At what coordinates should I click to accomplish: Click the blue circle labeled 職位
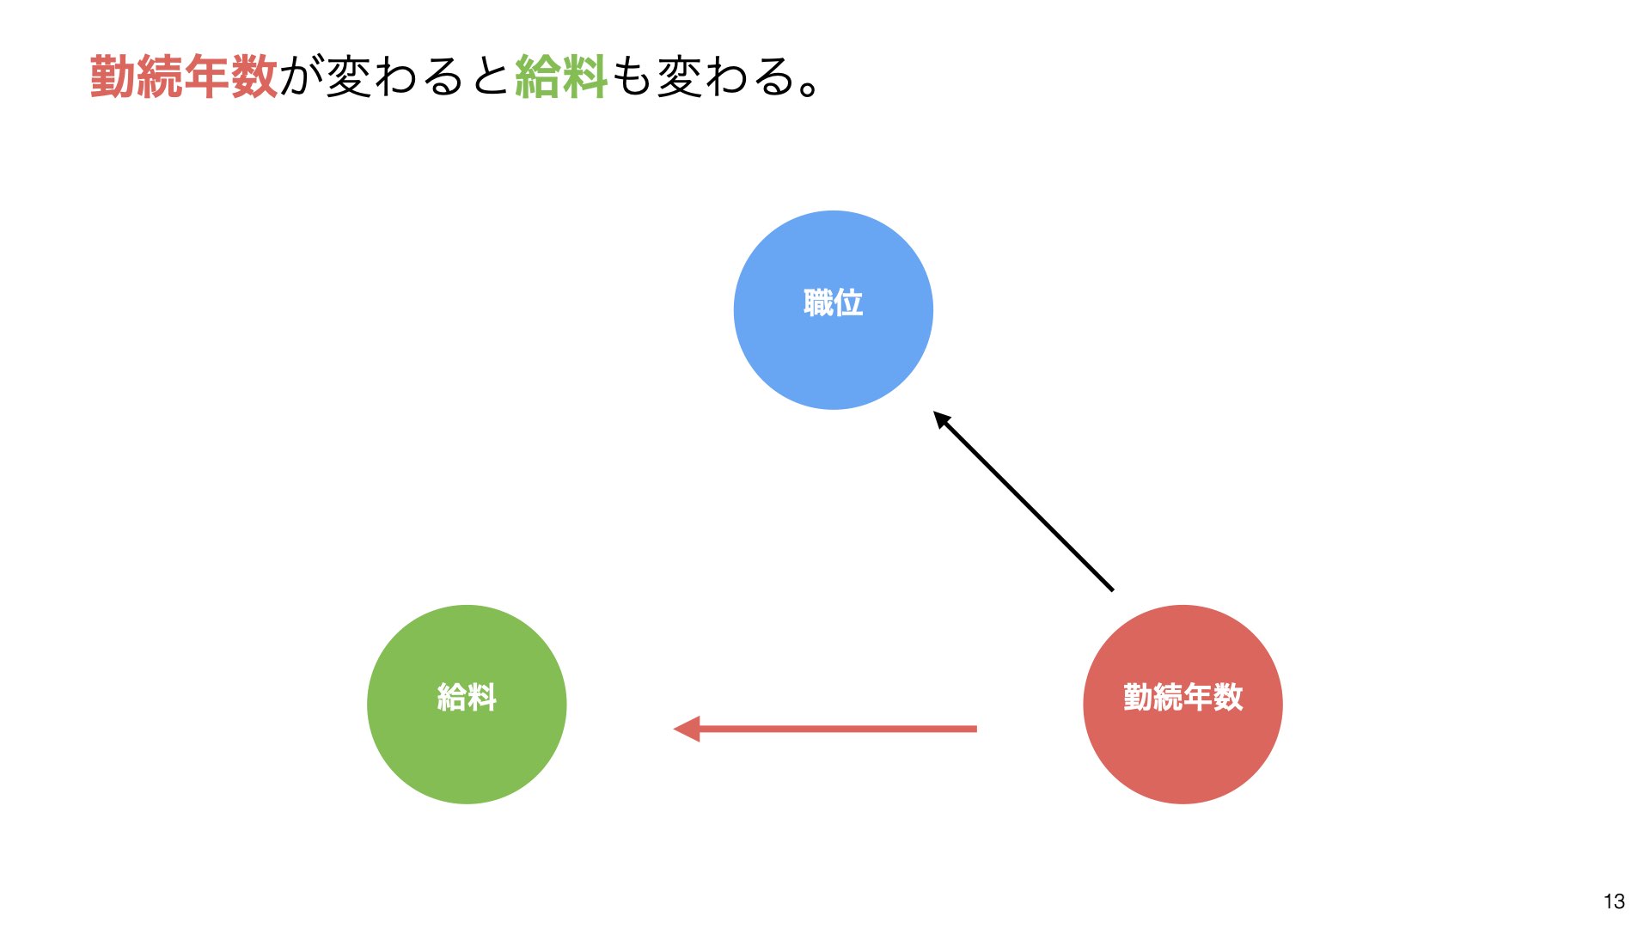point(833,310)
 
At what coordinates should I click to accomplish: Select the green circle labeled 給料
point(467,705)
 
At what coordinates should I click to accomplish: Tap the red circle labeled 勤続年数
point(1182,705)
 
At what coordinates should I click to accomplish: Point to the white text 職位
point(833,302)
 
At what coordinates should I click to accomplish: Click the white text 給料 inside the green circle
point(467,697)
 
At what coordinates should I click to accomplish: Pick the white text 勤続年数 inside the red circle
point(1182,697)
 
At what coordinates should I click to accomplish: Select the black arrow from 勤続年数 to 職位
point(1024,501)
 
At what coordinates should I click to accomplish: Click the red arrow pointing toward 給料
point(825,729)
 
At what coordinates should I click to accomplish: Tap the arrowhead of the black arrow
point(942,420)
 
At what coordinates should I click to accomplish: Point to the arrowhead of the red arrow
point(687,729)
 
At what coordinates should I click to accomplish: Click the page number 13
point(1614,901)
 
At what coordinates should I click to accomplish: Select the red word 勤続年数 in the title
point(184,76)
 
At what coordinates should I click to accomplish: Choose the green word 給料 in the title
point(561,76)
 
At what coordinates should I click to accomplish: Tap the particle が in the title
point(302,76)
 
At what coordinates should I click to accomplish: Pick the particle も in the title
point(632,76)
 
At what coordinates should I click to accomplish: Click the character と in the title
point(490,76)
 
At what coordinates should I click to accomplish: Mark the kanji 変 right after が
point(349,76)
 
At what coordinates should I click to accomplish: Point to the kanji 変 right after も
point(679,76)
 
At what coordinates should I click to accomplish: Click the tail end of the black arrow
point(1113,590)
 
